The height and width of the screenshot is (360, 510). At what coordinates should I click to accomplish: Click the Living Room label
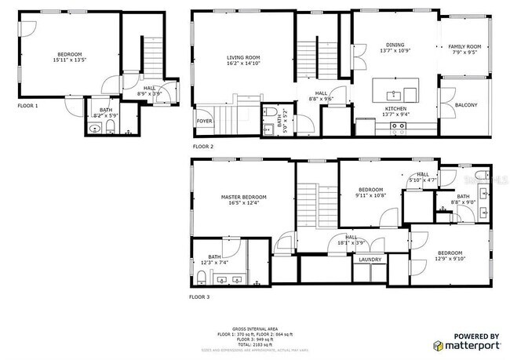pos(242,57)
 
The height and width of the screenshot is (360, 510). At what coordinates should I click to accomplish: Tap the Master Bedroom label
pos(243,196)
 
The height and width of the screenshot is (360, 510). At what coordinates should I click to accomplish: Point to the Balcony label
pos(465,104)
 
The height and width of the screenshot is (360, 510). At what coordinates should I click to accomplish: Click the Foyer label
pos(205,121)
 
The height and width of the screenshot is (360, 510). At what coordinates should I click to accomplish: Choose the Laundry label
pos(370,260)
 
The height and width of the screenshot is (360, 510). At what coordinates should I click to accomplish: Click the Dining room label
pos(395,45)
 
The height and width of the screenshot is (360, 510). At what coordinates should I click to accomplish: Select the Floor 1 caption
pos(27,104)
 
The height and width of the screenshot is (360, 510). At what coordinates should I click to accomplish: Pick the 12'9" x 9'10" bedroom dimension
pos(450,258)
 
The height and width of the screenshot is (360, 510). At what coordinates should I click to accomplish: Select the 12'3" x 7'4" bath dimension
pos(214,262)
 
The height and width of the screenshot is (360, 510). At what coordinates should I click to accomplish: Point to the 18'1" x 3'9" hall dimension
pos(351,242)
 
